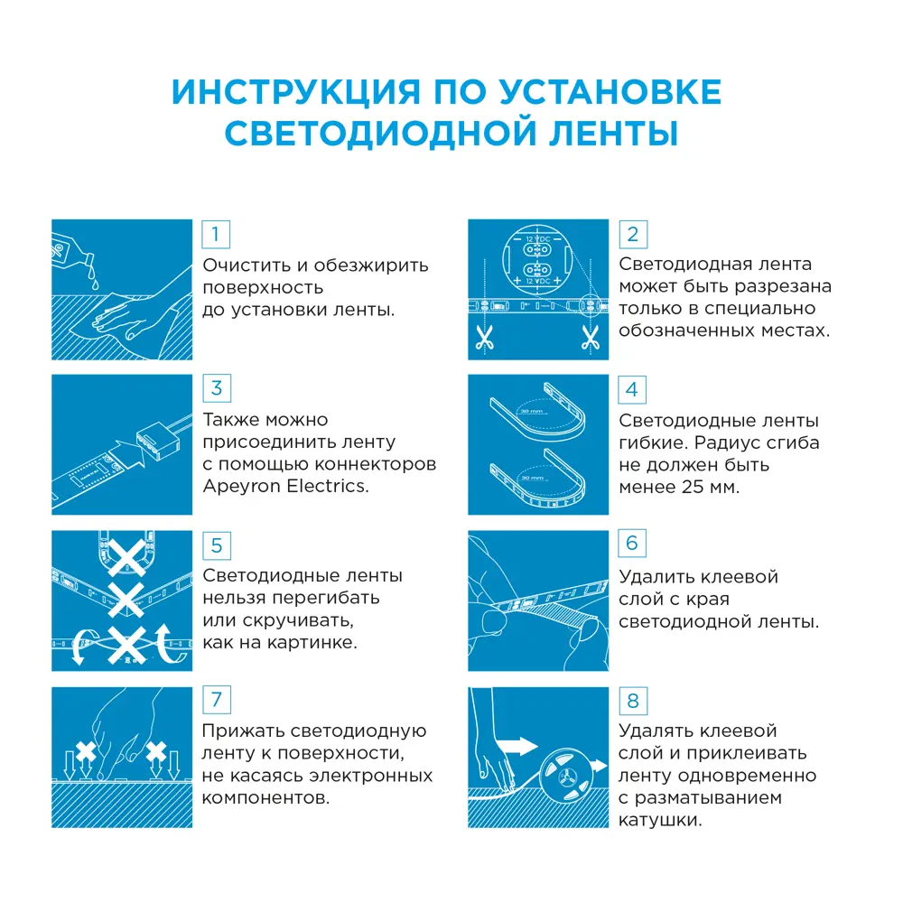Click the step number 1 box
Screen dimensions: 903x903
point(215,235)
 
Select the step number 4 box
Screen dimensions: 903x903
point(631,389)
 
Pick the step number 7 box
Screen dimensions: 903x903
point(215,700)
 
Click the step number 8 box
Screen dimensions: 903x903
point(631,700)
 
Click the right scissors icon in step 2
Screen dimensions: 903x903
point(591,339)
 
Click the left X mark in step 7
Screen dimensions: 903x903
point(87,751)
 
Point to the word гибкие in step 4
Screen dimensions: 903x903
point(655,443)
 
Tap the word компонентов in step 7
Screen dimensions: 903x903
point(264,798)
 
